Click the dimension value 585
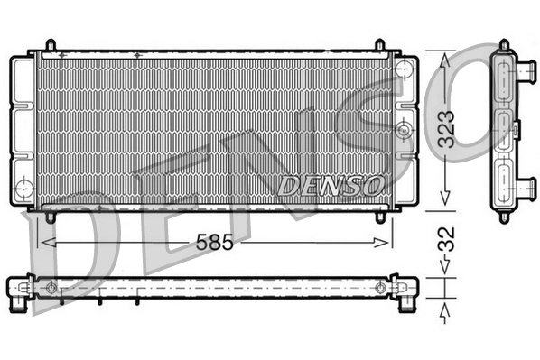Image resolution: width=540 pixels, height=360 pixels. click(213, 241)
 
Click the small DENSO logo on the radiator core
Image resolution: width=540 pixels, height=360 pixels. click(331, 186)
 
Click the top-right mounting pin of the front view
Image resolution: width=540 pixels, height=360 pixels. click(381, 44)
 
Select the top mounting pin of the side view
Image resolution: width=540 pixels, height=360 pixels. click(503, 45)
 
